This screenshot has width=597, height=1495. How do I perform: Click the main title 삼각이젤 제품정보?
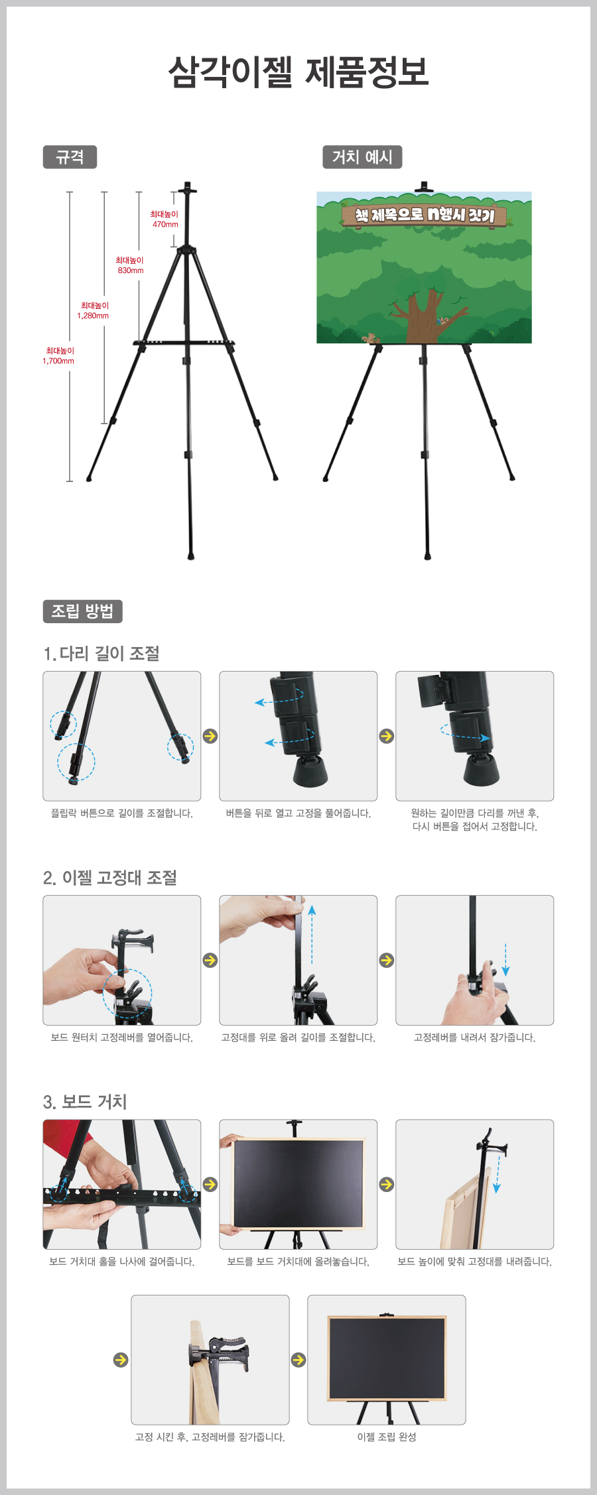(x=298, y=72)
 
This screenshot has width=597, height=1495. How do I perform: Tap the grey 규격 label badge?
(x=70, y=157)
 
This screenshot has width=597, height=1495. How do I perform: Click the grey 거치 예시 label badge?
(x=362, y=157)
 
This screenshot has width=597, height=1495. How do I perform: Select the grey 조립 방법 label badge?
(x=82, y=611)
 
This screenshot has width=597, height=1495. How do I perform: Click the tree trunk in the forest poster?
(x=423, y=315)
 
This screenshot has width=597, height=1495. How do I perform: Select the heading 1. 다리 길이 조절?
(x=101, y=654)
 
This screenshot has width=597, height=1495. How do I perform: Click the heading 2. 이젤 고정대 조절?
(x=110, y=878)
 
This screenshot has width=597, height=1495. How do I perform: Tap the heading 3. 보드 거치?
(x=85, y=1102)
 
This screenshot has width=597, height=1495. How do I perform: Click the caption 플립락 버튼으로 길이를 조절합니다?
(x=122, y=813)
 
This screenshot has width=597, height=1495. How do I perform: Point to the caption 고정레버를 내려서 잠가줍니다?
(x=474, y=1038)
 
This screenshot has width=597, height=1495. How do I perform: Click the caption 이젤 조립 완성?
(x=387, y=1437)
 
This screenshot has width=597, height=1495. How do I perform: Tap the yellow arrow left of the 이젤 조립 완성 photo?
(x=298, y=1360)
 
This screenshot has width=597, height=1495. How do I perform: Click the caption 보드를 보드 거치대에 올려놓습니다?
(x=298, y=1262)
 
